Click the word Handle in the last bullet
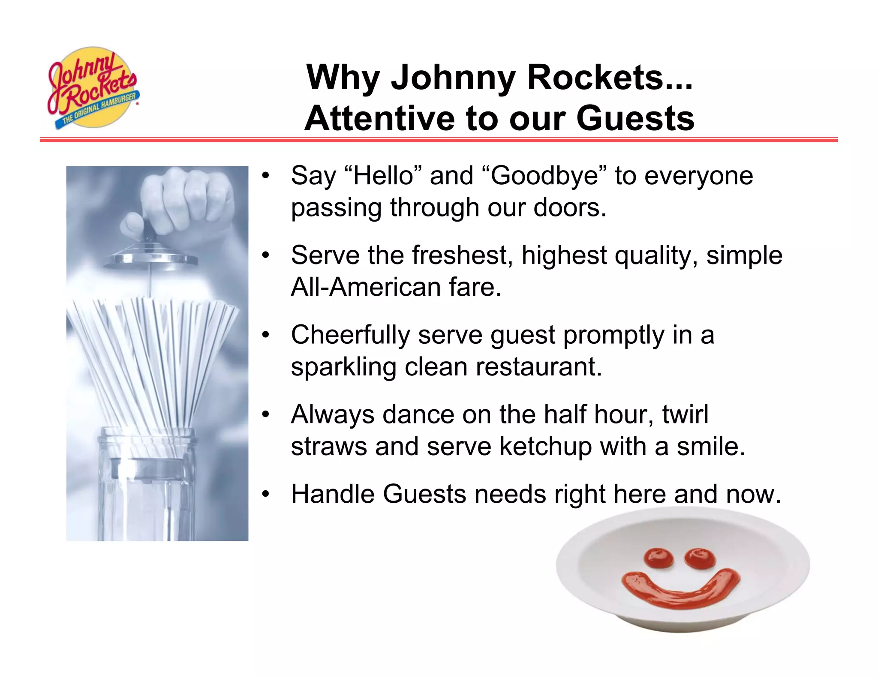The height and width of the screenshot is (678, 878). (x=333, y=494)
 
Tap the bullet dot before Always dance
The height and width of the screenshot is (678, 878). (x=266, y=415)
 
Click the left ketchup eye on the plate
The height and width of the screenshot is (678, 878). (x=659, y=558)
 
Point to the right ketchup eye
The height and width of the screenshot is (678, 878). (x=700, y=558)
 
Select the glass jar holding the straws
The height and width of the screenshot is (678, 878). (x=146, y=489)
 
